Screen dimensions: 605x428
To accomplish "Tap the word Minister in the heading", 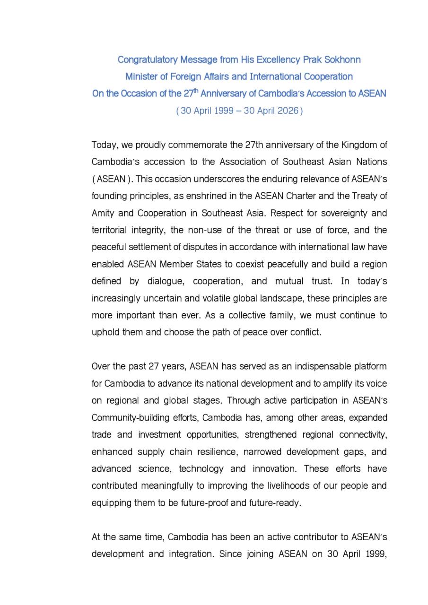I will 141,77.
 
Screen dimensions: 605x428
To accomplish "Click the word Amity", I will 102,213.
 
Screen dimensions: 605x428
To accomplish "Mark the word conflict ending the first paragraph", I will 305,332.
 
